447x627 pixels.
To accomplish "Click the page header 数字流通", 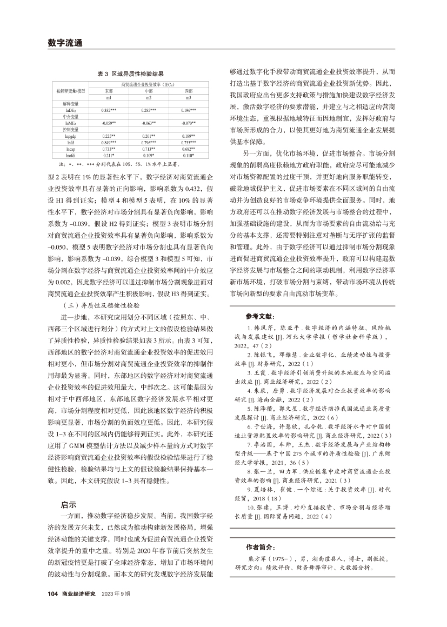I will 64,43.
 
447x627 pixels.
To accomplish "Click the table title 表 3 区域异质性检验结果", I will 130,72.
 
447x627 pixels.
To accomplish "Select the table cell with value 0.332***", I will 109,110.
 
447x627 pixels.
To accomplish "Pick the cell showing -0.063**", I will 148,123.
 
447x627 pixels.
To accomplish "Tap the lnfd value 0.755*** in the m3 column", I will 189,143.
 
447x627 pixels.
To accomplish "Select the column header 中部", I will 148,91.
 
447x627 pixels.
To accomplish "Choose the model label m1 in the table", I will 109,98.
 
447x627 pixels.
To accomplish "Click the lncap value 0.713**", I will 148,149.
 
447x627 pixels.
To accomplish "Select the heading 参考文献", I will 259,315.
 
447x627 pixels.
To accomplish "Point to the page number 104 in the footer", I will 52,608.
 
